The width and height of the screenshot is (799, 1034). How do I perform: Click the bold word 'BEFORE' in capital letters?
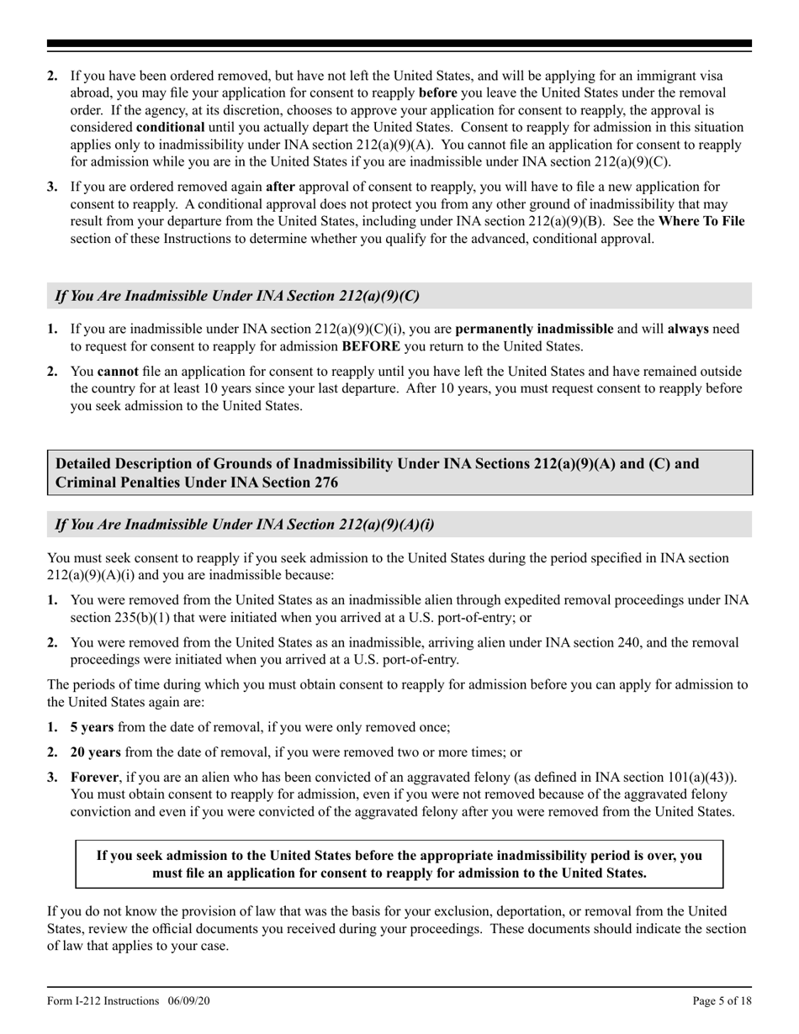click(x=371, y=346)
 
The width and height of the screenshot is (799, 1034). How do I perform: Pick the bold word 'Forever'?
click(x=95, y=778)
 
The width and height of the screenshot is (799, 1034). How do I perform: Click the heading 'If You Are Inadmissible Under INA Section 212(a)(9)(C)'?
click(x=237, y=296)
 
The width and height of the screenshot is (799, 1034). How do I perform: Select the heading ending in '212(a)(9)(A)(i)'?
click(x=245, y=525)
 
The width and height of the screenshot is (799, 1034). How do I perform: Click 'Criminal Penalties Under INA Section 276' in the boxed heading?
click(x=197, y=483)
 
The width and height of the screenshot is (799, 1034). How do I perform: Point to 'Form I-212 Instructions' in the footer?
click(x=103, y=1000)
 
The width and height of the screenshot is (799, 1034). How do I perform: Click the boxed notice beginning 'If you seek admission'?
click(x=399, y=863)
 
